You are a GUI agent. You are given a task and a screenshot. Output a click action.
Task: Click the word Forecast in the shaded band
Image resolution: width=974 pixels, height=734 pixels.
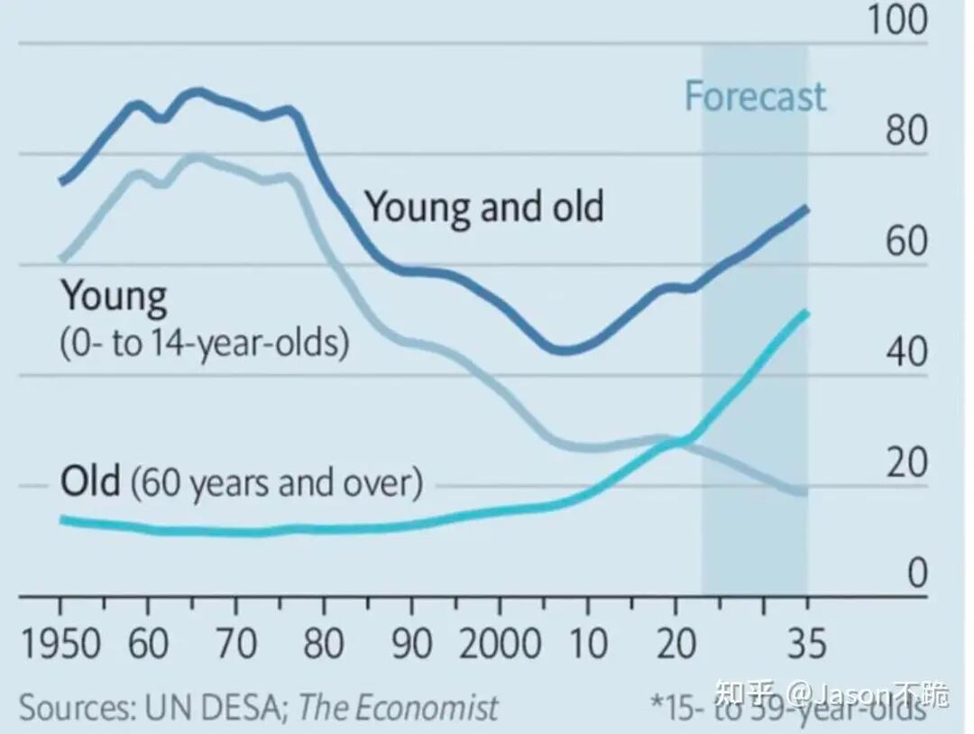coord(756,96)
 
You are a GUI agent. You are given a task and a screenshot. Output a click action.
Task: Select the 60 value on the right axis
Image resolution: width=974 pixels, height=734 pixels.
coord(907,241)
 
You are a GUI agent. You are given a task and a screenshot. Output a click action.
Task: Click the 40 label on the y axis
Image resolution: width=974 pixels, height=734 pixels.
coord(907,352)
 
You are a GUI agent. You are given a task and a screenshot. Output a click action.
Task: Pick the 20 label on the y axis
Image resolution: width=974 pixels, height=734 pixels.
coord(907,462)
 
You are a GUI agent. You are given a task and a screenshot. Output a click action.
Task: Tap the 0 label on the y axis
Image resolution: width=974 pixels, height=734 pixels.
coord(917,573)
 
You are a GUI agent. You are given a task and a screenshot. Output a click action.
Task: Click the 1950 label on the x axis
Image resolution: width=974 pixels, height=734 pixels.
coord(61,643)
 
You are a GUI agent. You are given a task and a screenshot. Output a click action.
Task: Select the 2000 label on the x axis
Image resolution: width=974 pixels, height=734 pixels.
coord(500,643)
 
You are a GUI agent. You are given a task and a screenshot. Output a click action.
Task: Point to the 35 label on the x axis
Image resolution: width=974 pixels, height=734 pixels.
coord(807,643)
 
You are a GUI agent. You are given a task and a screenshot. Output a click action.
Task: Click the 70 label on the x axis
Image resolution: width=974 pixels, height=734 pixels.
coord(236,643)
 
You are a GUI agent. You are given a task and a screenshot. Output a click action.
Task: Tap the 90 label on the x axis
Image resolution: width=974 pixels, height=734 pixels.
coord(412,643)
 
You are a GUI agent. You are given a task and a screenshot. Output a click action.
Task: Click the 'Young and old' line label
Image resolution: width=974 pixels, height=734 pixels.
coord(484,206)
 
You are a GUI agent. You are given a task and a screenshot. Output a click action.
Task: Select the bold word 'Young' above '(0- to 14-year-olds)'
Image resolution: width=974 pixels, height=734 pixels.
coord(115,296)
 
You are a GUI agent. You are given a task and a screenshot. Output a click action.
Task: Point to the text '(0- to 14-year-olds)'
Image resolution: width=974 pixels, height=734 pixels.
coord(205,342)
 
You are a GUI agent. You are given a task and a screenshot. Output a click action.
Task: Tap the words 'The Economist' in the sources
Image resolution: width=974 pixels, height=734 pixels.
coord(399,707)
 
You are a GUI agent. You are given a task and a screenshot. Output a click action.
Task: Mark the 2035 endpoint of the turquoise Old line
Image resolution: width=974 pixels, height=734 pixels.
coord(806,312)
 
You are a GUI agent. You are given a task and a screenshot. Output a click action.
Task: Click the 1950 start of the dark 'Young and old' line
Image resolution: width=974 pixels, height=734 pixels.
coord(61,182)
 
